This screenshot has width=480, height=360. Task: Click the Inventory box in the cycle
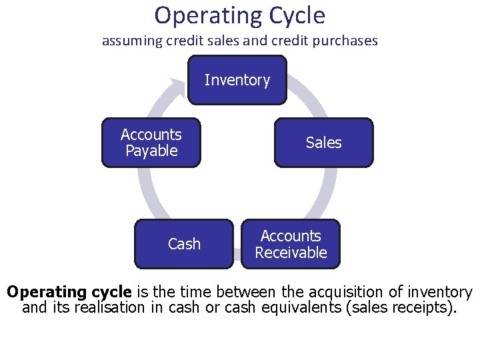tap(237, 80)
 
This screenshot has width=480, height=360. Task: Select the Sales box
tap(323, 142)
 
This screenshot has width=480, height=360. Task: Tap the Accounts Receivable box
tap(291, 244)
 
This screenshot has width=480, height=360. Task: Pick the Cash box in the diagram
tap(184, 244)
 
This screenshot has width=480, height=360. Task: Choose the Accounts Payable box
tap(151, 142)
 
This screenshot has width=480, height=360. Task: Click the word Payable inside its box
tap(151, 151)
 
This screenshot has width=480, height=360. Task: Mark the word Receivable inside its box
tap(291, 253)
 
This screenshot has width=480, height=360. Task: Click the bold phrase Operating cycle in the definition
tap(69, 292)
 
